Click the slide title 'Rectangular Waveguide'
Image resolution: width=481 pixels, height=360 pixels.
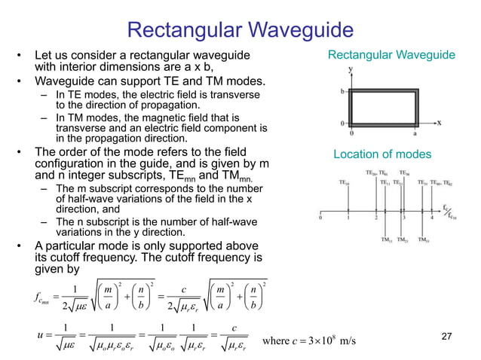coord(240,29)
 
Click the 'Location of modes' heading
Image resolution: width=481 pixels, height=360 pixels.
coord(382,154)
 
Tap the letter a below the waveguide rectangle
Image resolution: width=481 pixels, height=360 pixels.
coord(415,132)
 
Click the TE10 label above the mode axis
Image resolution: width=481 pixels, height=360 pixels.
coord(345,182)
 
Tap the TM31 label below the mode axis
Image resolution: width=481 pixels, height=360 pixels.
coord(424,241)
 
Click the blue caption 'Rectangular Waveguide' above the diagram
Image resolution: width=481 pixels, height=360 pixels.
coord(391,55)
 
